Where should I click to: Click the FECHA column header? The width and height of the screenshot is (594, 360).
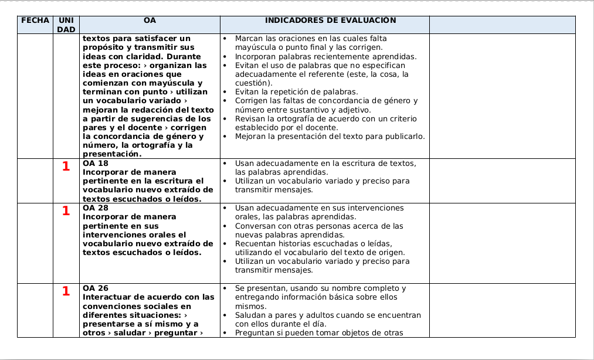click(x=35, y=21)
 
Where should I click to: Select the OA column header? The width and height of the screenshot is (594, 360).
click(x=150, y=21)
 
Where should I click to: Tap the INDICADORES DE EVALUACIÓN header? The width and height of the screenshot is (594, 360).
click(x=331, y=21)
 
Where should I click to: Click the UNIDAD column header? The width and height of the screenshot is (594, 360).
click(x=66, y=25)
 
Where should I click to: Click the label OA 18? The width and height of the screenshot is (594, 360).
click(x=96, y=164)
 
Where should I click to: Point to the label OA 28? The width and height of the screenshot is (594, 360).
click(x=96, y=208)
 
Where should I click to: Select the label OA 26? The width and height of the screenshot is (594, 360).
click(x=96, y=288)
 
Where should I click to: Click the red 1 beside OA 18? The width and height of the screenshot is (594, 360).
click(x=66, y=167)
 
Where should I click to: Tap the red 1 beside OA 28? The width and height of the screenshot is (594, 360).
click(x=66, y=211)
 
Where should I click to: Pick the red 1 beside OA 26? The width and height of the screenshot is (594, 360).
click(x=66, y=291)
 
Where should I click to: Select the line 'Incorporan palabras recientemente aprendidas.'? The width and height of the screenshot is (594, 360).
click(x=325, y=57)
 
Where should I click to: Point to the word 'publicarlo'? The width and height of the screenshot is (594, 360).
click(x=404, y=137)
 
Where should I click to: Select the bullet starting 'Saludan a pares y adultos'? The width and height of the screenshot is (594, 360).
click(x=328, y=315)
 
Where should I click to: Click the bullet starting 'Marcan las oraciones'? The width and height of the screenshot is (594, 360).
click(x=311, y=38)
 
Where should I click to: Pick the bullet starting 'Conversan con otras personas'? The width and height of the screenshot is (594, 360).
click(x=319, y=226)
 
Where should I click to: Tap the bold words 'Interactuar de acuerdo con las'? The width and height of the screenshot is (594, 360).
click(x=148, y=297)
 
